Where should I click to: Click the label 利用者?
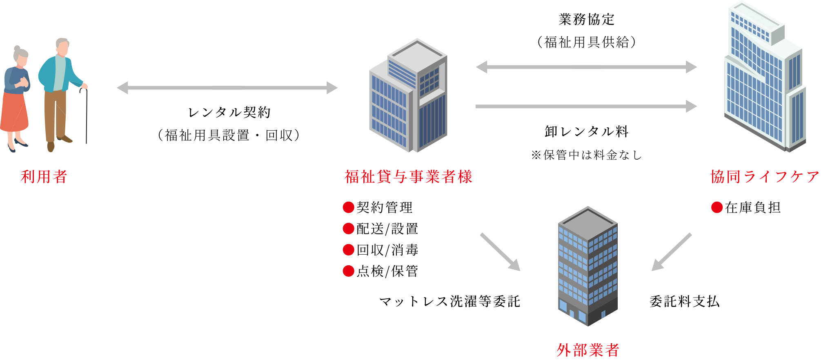(44, 177)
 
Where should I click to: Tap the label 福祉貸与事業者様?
(408, 177)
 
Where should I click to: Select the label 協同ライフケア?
(765, 177)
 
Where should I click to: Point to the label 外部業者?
(588, 350)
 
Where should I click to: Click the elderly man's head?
(62, 47)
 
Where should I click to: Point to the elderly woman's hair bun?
(17, 48)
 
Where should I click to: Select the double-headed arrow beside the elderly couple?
(227, 88)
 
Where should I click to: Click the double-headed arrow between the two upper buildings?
(586, 67)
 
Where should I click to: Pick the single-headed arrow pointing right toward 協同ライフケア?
(586, 107)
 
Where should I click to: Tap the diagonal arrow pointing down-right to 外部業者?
(500, 251)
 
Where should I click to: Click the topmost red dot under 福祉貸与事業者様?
(348, 207)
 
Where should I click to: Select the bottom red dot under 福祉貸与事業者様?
(348, 271)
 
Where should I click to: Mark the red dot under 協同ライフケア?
(717, 207)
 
